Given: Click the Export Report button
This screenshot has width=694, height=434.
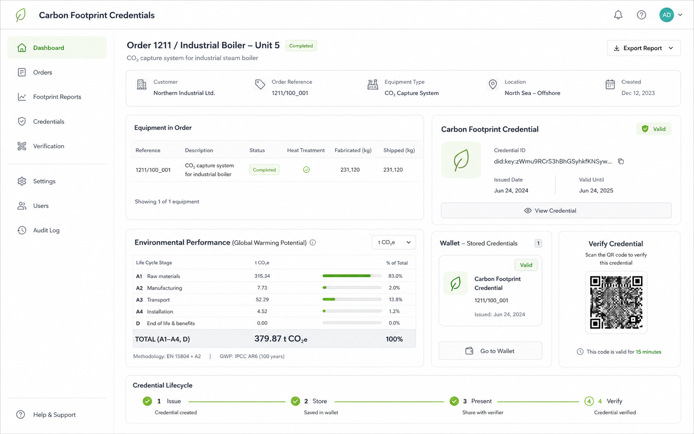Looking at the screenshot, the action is [x=644, y=48].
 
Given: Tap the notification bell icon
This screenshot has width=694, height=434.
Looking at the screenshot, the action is [x=618, y=15].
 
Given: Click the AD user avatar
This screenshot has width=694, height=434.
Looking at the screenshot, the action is [x=666, y=15].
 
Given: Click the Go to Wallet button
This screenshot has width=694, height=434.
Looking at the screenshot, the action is [x=490, y=351].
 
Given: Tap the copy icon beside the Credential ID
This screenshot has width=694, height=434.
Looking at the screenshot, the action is [x=621, y=161].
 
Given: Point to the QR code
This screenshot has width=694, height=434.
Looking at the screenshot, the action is [x=616, y=302].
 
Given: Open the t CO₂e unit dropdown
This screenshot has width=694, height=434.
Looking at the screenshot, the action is [x=394, y=242].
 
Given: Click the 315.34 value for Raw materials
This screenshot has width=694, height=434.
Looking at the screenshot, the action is [x=262, y=276].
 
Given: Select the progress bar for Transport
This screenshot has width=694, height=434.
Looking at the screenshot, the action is [x=352, y=299].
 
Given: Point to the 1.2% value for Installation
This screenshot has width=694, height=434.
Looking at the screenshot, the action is [x=394, y=311].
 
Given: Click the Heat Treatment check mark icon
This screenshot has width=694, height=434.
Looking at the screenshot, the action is [x=306, y=169].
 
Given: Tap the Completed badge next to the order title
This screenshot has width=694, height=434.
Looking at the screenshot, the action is [x=301, y=45].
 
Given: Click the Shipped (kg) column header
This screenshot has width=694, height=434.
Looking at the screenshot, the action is [x=399, y=150].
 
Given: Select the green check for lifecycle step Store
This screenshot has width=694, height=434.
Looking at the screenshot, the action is [x=295, y=401].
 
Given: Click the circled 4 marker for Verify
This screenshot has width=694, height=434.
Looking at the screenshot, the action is [x=589, y=401].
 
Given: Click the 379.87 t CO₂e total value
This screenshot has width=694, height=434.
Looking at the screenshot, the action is [x=280, y=339].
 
